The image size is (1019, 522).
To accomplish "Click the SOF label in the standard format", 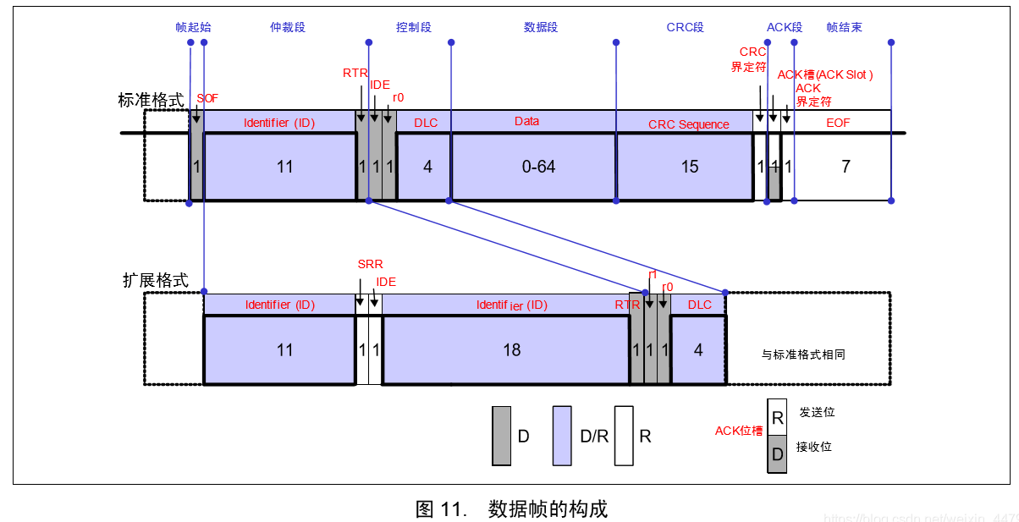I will click(207, 98).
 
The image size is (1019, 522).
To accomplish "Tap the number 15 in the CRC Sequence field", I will click(690, 167).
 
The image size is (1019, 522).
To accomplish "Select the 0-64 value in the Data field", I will click(538, 167).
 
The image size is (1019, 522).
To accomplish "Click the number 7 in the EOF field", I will click(845, 167).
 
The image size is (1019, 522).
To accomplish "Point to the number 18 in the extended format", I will click(512, 349).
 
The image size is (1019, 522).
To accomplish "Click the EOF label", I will click(838, 123).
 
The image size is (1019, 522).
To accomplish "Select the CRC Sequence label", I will click(688, 124).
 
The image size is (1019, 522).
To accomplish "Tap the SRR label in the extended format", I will click(370, 265).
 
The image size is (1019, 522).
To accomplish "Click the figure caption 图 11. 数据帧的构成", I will click(511, 508).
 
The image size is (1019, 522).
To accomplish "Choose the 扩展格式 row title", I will click(156, 281).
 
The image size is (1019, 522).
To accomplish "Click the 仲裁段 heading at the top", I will click(287, 27).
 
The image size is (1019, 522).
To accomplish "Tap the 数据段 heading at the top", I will click(541, 27).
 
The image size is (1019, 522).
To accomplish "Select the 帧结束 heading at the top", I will click(844, 27).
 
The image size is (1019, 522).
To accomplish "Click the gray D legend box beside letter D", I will click(501, 436).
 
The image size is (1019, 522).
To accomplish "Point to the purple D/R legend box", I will click(563, 436).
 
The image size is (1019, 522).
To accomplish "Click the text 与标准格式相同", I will click(803, 354).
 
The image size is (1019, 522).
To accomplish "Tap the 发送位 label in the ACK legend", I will click(817, 412).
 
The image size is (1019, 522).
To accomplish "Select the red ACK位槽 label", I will click(739, 431).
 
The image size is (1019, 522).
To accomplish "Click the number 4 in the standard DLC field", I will click(427, 167).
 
